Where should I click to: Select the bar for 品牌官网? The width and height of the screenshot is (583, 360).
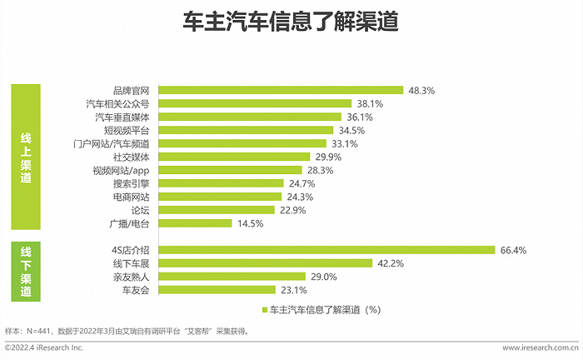[281, 90]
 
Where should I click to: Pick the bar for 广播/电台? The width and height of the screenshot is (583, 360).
[195, 223]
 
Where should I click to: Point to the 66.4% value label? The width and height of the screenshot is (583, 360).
[514, 250]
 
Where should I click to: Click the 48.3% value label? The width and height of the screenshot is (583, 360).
[420, 90]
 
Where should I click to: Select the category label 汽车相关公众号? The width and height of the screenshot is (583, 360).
[117, 103]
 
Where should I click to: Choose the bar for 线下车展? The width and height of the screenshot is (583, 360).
[265, 263]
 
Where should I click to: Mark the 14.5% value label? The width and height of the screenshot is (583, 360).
[250, 223]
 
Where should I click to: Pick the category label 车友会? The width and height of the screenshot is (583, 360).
[135, 290]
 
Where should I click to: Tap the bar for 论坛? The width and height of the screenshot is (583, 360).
[216, 210]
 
